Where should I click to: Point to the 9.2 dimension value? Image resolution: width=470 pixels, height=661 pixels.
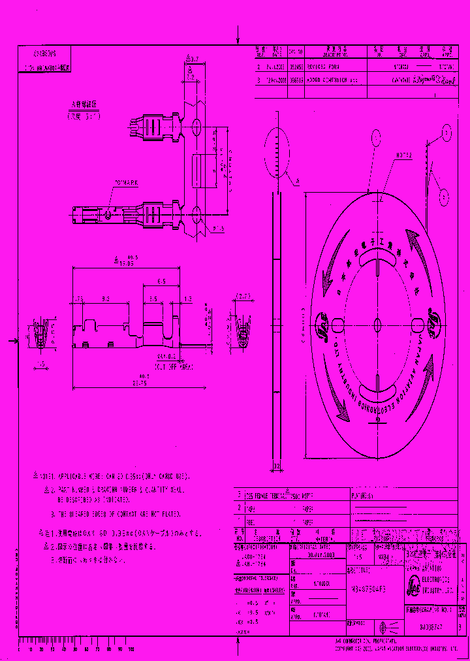point(105,298)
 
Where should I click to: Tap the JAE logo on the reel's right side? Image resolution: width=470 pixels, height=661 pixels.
point(433,320)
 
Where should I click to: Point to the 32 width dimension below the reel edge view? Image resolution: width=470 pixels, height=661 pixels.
point(276,466)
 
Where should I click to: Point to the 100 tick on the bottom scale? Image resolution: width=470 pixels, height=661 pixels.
point(131,650)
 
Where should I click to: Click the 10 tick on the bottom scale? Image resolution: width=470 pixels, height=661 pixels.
point(30,650)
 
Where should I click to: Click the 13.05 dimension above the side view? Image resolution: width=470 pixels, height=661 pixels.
point(124,263)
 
